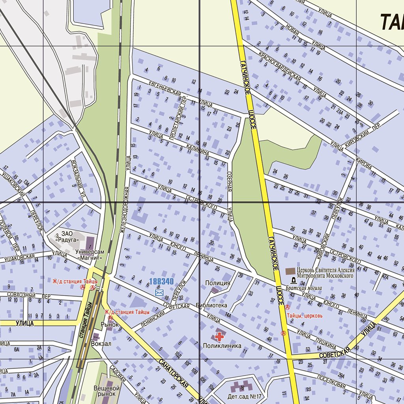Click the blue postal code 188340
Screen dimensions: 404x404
click(x=161, y=282)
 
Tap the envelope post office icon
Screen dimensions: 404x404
click(x=159, y=292)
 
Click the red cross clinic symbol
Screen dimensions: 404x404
click(x=219, y=337)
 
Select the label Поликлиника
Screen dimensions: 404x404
click(x=222, y=346)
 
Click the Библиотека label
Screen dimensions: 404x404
click(x=211, y=305)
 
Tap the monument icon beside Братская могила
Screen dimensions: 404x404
click(x=294, y=280)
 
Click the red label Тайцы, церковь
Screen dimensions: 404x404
click(x=305, y=316)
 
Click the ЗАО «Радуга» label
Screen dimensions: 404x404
click(x=67, y=236)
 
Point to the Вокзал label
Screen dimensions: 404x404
click(x=101, y=344)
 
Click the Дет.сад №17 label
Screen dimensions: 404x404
click(x=245, y=396)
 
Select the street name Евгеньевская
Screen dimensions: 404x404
click(x=165, y=89)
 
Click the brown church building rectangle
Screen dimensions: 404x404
click(x=290, y=271)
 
